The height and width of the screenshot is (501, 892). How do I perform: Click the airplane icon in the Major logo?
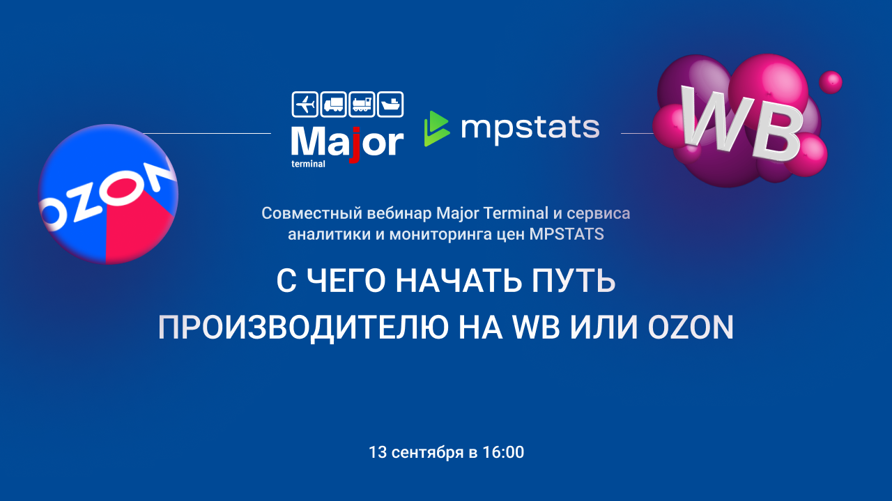(305, 105)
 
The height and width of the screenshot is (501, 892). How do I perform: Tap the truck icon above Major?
(333, 105)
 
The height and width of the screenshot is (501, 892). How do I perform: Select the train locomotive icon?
(362, 105)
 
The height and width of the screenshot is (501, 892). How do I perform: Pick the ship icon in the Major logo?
(390, 105)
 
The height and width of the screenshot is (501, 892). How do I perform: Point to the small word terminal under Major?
(308, 164)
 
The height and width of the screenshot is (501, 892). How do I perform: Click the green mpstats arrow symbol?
(437, 129)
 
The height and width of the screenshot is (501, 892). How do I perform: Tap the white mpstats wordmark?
(530, 130)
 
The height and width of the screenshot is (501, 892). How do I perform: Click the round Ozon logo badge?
(108, 194)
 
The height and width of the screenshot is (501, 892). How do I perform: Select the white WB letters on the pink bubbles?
(741, 123)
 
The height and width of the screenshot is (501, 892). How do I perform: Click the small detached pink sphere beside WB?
(830, 82)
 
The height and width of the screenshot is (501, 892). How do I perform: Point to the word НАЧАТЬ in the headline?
(459, 282)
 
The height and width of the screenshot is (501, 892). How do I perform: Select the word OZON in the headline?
(691, 327)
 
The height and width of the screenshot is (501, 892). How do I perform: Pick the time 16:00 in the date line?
(503, 452)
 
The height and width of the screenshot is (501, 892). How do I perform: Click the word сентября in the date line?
(428, 453)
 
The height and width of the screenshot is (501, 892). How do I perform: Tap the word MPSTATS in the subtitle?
(567, 234)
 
